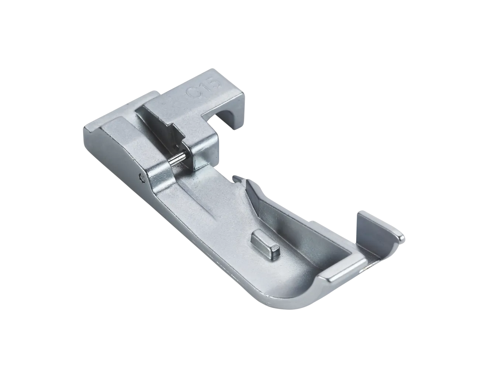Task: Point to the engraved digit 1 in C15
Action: [x=204, y=87]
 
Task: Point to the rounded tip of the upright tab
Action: [x=401, y=238]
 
